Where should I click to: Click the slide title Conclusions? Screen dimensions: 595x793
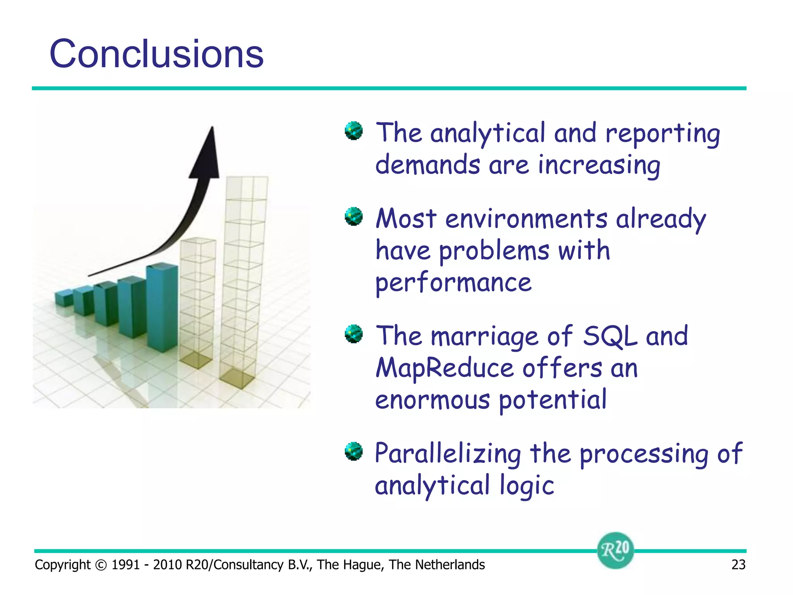point(156,54)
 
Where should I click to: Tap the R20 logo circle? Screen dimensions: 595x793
point(615,550)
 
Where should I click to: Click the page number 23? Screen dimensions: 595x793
point(738,564)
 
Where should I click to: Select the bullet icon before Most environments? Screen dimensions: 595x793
point(354,216)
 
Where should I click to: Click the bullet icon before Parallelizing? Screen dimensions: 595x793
point(354,451)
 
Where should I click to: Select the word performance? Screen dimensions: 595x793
point(453,283)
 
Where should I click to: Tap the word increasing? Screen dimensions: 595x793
point(599,165)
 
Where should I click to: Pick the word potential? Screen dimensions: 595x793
point(553,400)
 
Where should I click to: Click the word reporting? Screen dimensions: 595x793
point(663,134)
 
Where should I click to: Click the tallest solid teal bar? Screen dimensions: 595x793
point(163,306)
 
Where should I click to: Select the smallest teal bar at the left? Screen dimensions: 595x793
point(64,298)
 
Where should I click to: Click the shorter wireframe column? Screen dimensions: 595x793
point(197,302)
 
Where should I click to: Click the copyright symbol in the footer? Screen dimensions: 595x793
point(101,565)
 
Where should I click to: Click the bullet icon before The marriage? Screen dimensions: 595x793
point(354,334)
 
